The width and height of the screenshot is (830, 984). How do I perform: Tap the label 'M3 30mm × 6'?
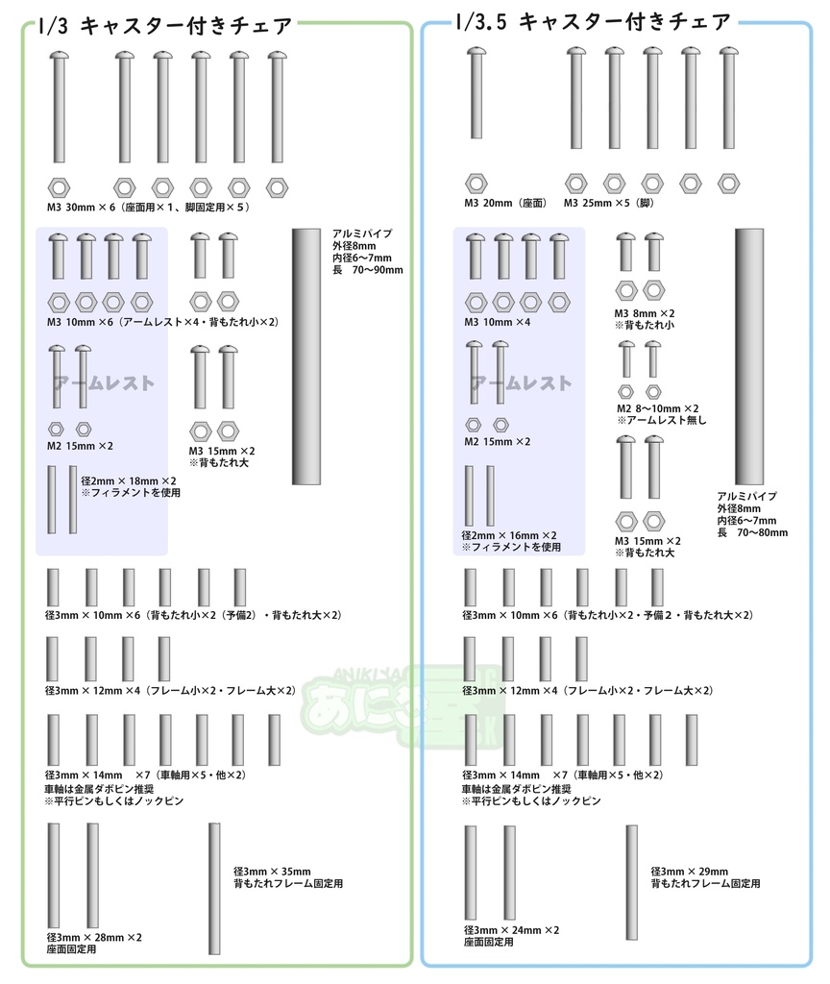pyautogui.click(x=81, y=207)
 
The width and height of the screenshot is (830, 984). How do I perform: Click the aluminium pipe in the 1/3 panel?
pyautogui.click(x=306, y=356)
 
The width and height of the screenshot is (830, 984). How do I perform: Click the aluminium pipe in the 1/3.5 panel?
pyautogui.click(x=749, y=356)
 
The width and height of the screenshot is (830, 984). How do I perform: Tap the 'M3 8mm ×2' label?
pyautogui.click(x=645, y=313)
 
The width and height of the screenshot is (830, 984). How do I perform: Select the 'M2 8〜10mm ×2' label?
pyautogui.click(x=657, y=408)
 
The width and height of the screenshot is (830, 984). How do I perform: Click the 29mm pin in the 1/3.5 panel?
pyautogui.click(x=631, y=882)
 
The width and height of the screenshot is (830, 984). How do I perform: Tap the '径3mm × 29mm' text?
pyautogui.click(x=689, y=872)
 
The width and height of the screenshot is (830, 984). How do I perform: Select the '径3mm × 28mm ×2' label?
pyautogui.click(x=93, y=937)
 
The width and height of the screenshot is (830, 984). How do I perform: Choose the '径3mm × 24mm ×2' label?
pyautogui.click(x=510, y=930)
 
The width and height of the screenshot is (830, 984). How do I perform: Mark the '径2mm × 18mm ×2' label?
pyautogui.click(x=129, y=480)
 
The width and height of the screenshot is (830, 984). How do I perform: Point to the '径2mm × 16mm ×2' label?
pyautogui.click(x=509, y=535)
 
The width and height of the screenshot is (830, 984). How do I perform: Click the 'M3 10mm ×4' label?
pyautogui.click(x=497, y=322)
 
